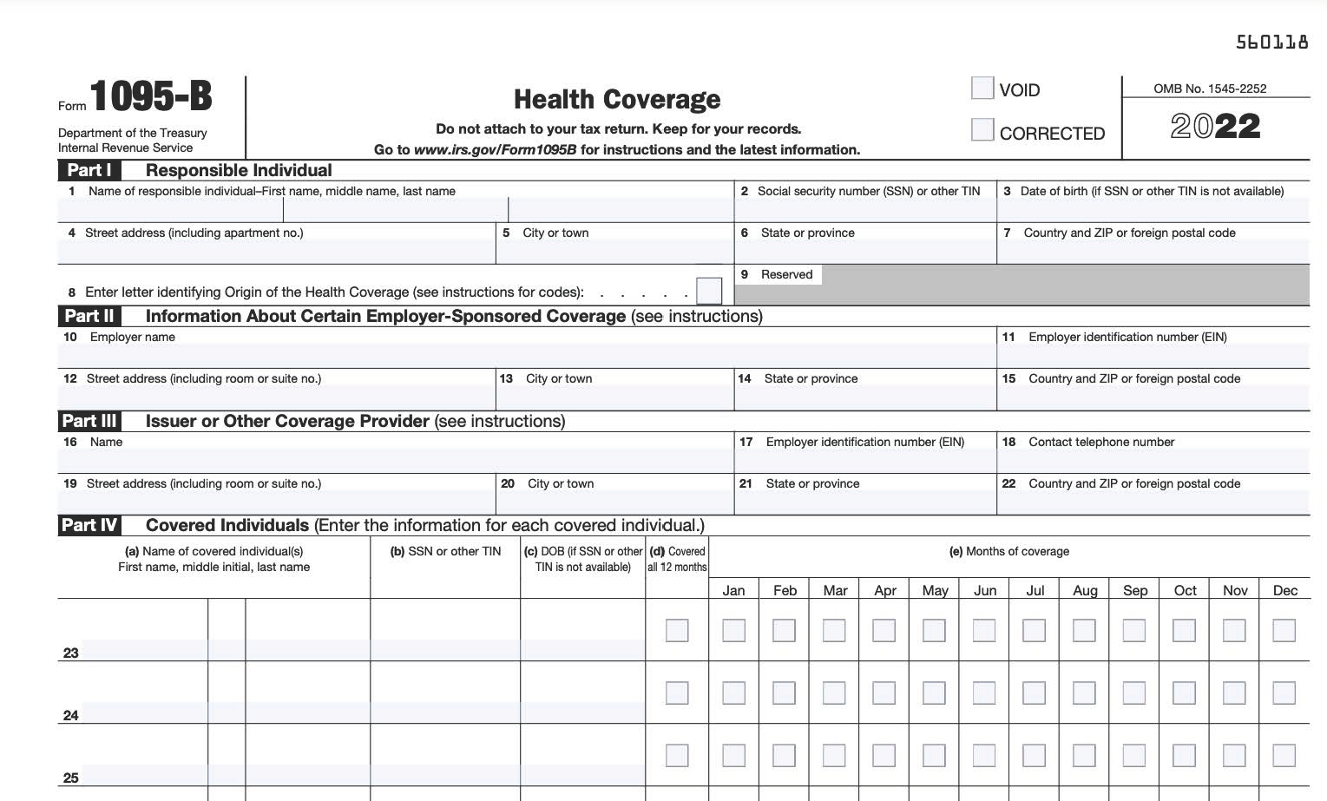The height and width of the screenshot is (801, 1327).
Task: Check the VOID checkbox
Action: pyautogui.click(x=982, y=89)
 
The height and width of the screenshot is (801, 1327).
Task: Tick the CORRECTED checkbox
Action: pyautogui.click(x=982, y=130)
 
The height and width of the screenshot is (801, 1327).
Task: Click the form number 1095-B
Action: pyautogui.click(x=151, y=96)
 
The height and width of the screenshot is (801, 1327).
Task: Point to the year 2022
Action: pyautogui.click(x=1215, y=127)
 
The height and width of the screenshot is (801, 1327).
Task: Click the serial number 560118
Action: pyautogui.click(x=1271, y=43)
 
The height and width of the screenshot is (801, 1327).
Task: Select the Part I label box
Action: pyautogui.click(x=89, y=170)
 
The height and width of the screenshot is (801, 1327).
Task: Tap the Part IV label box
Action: pyautogui.click(x=89, y=525)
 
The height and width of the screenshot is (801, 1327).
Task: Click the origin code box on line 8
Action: pyautogui.click(x=709, y=290)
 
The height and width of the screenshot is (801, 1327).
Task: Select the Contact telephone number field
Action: pyautogui.click(x=1153, y=461)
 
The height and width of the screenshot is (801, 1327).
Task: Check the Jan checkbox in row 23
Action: pyautogui.click(x=733, y=630)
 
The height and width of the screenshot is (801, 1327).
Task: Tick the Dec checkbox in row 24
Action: pyautogui.click(x=1284, y=693)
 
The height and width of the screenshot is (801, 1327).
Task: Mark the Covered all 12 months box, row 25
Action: pyautogui.click(x=677, y=755)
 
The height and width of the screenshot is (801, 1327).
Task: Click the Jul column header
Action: pyautogui.click(x=1035, y=590)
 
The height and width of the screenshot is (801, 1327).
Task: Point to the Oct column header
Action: pyautogui.click(x=1185, y=590)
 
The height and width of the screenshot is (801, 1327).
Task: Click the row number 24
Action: pyautogui.click(x=71, y=716)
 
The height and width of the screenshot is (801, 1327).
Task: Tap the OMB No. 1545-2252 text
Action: pyautogui.click(x=1210, y=89)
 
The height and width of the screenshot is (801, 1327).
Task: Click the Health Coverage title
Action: pyautogui.click(x=617, y=100)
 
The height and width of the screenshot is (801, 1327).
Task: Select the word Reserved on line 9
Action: pyautogui.click(x=786, y=274)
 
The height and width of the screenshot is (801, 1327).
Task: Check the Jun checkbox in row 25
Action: pyautogui.click(x=984, y=755)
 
